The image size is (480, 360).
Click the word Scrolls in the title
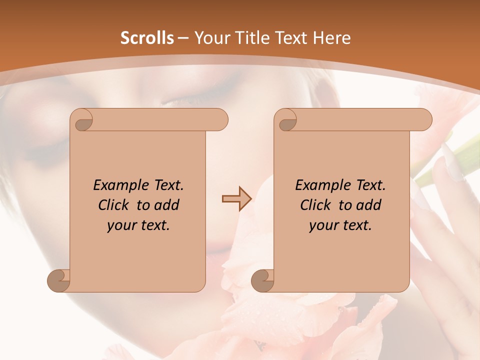pyautogui.click(x=147, y=38)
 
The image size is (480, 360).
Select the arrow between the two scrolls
pyautogui.click(x=236, y=199)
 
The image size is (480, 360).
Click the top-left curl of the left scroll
pyautogui.click(x=82, y=120)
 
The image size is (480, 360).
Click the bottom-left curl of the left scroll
pyautogui.click(x=58, y=280)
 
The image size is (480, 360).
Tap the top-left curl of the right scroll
pyautogui.click(x=286, y=120)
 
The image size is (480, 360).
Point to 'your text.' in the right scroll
pyautogui.click(x=340, y=225)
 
